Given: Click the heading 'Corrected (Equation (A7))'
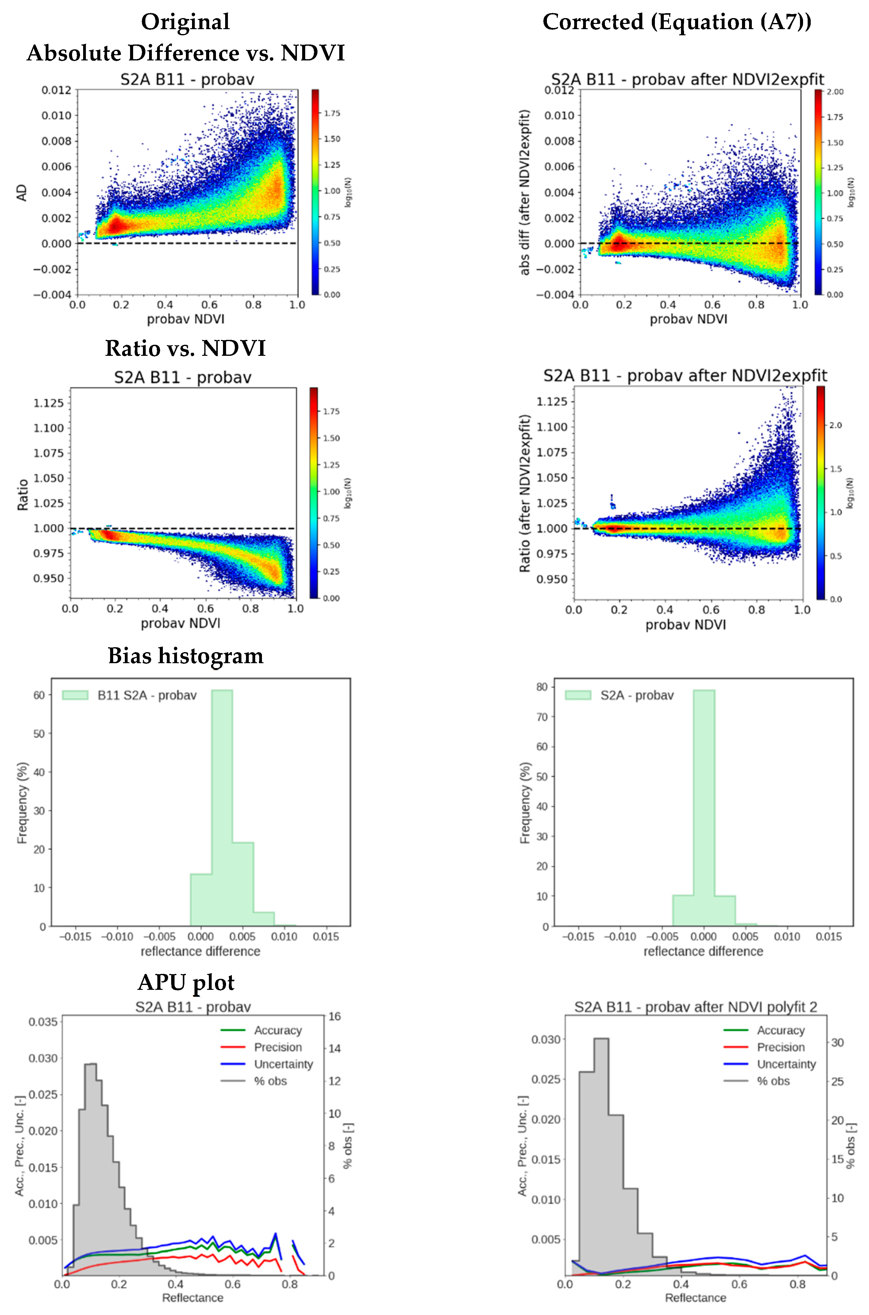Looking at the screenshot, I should [677, 22].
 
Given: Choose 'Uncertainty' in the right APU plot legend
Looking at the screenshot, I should [786, 1064].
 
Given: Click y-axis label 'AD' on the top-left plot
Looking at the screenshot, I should [21, 193].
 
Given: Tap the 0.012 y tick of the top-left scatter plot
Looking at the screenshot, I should [56, 90].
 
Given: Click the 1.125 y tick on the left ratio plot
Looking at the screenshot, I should [49, 403].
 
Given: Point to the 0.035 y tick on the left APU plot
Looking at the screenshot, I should [43, 1021].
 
